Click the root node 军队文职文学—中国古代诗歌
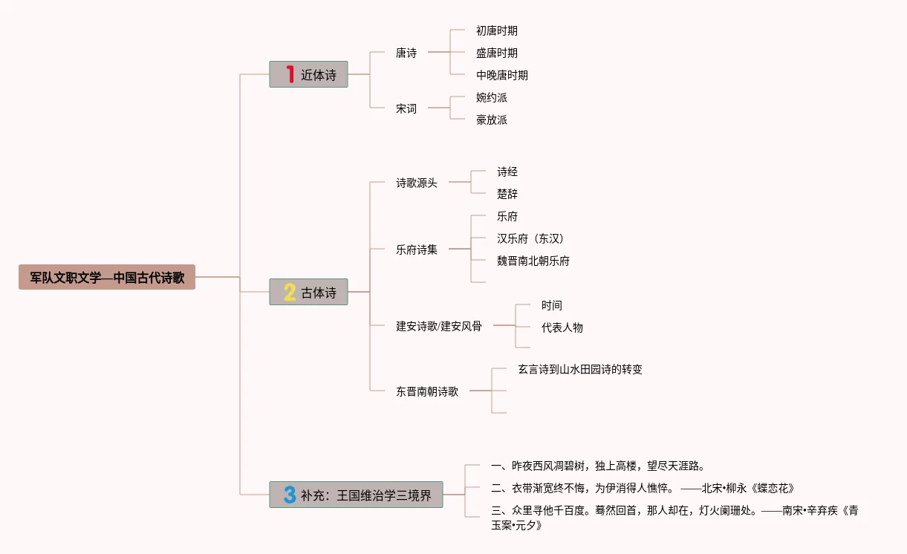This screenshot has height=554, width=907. [x=107, y=278]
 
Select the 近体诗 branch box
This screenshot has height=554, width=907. [x=309, y=74]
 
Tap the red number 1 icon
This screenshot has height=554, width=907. [x=290, y=74]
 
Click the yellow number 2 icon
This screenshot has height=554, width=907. [x=290, y=293]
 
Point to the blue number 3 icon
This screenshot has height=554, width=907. [x=290, y=495]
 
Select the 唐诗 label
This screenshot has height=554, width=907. [x=406, y=53]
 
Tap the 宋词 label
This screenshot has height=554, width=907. [x=406, y=108]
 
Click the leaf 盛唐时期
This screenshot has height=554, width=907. [x=497, y=53]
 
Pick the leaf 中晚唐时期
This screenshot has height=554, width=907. [x=502, y=75]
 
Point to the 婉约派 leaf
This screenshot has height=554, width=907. [x=492, y=97]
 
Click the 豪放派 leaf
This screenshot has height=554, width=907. [x=492, y=120]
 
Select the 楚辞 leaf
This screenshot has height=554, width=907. [x=507, y=194]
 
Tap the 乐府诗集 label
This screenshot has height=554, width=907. [x=417, y=250]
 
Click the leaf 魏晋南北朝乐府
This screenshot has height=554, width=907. [x=533, y=261]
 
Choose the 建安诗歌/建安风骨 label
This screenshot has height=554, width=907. [x=439, y=325]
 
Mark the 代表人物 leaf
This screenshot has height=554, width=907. [x=562, y=327]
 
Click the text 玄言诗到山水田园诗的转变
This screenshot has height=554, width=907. [x=580, y=369]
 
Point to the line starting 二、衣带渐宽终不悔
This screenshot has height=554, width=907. [x=643, y=488]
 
